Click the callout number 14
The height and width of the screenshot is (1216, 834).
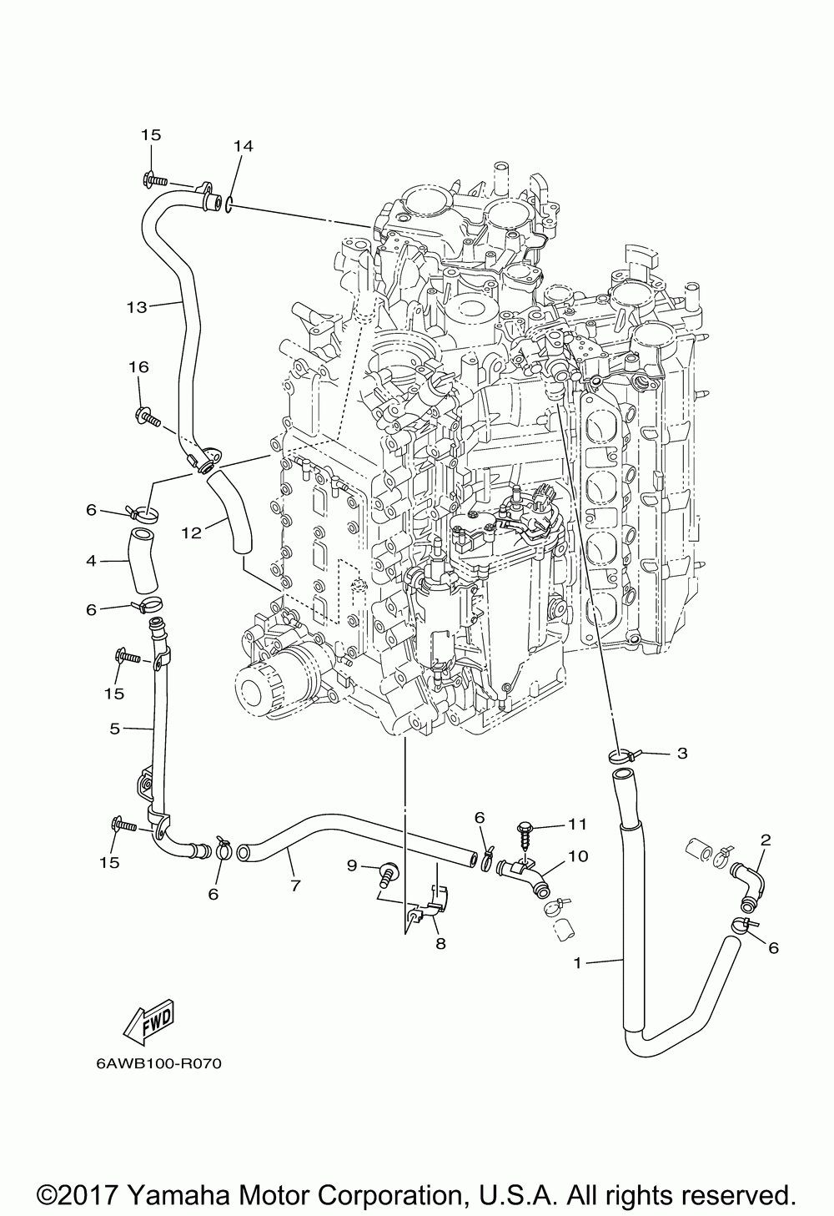[244, 146]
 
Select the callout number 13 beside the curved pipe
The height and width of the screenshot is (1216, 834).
[137, 307]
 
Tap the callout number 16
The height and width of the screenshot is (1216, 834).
[138, 367]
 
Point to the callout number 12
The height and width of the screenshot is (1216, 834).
[191, 533]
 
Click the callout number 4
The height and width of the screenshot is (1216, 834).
[91, 560]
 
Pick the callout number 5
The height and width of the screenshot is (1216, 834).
[114, 729]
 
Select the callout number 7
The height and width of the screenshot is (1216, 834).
[295, 886]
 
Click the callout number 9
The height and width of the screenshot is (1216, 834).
[352, 865]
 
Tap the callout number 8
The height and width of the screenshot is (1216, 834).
[440, 944]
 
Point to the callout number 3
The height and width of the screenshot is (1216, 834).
[682, 753]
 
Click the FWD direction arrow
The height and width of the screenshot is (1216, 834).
[148, 1018]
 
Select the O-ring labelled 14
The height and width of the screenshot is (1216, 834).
[229, 204]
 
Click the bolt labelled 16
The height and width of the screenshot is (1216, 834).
[148, 416]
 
